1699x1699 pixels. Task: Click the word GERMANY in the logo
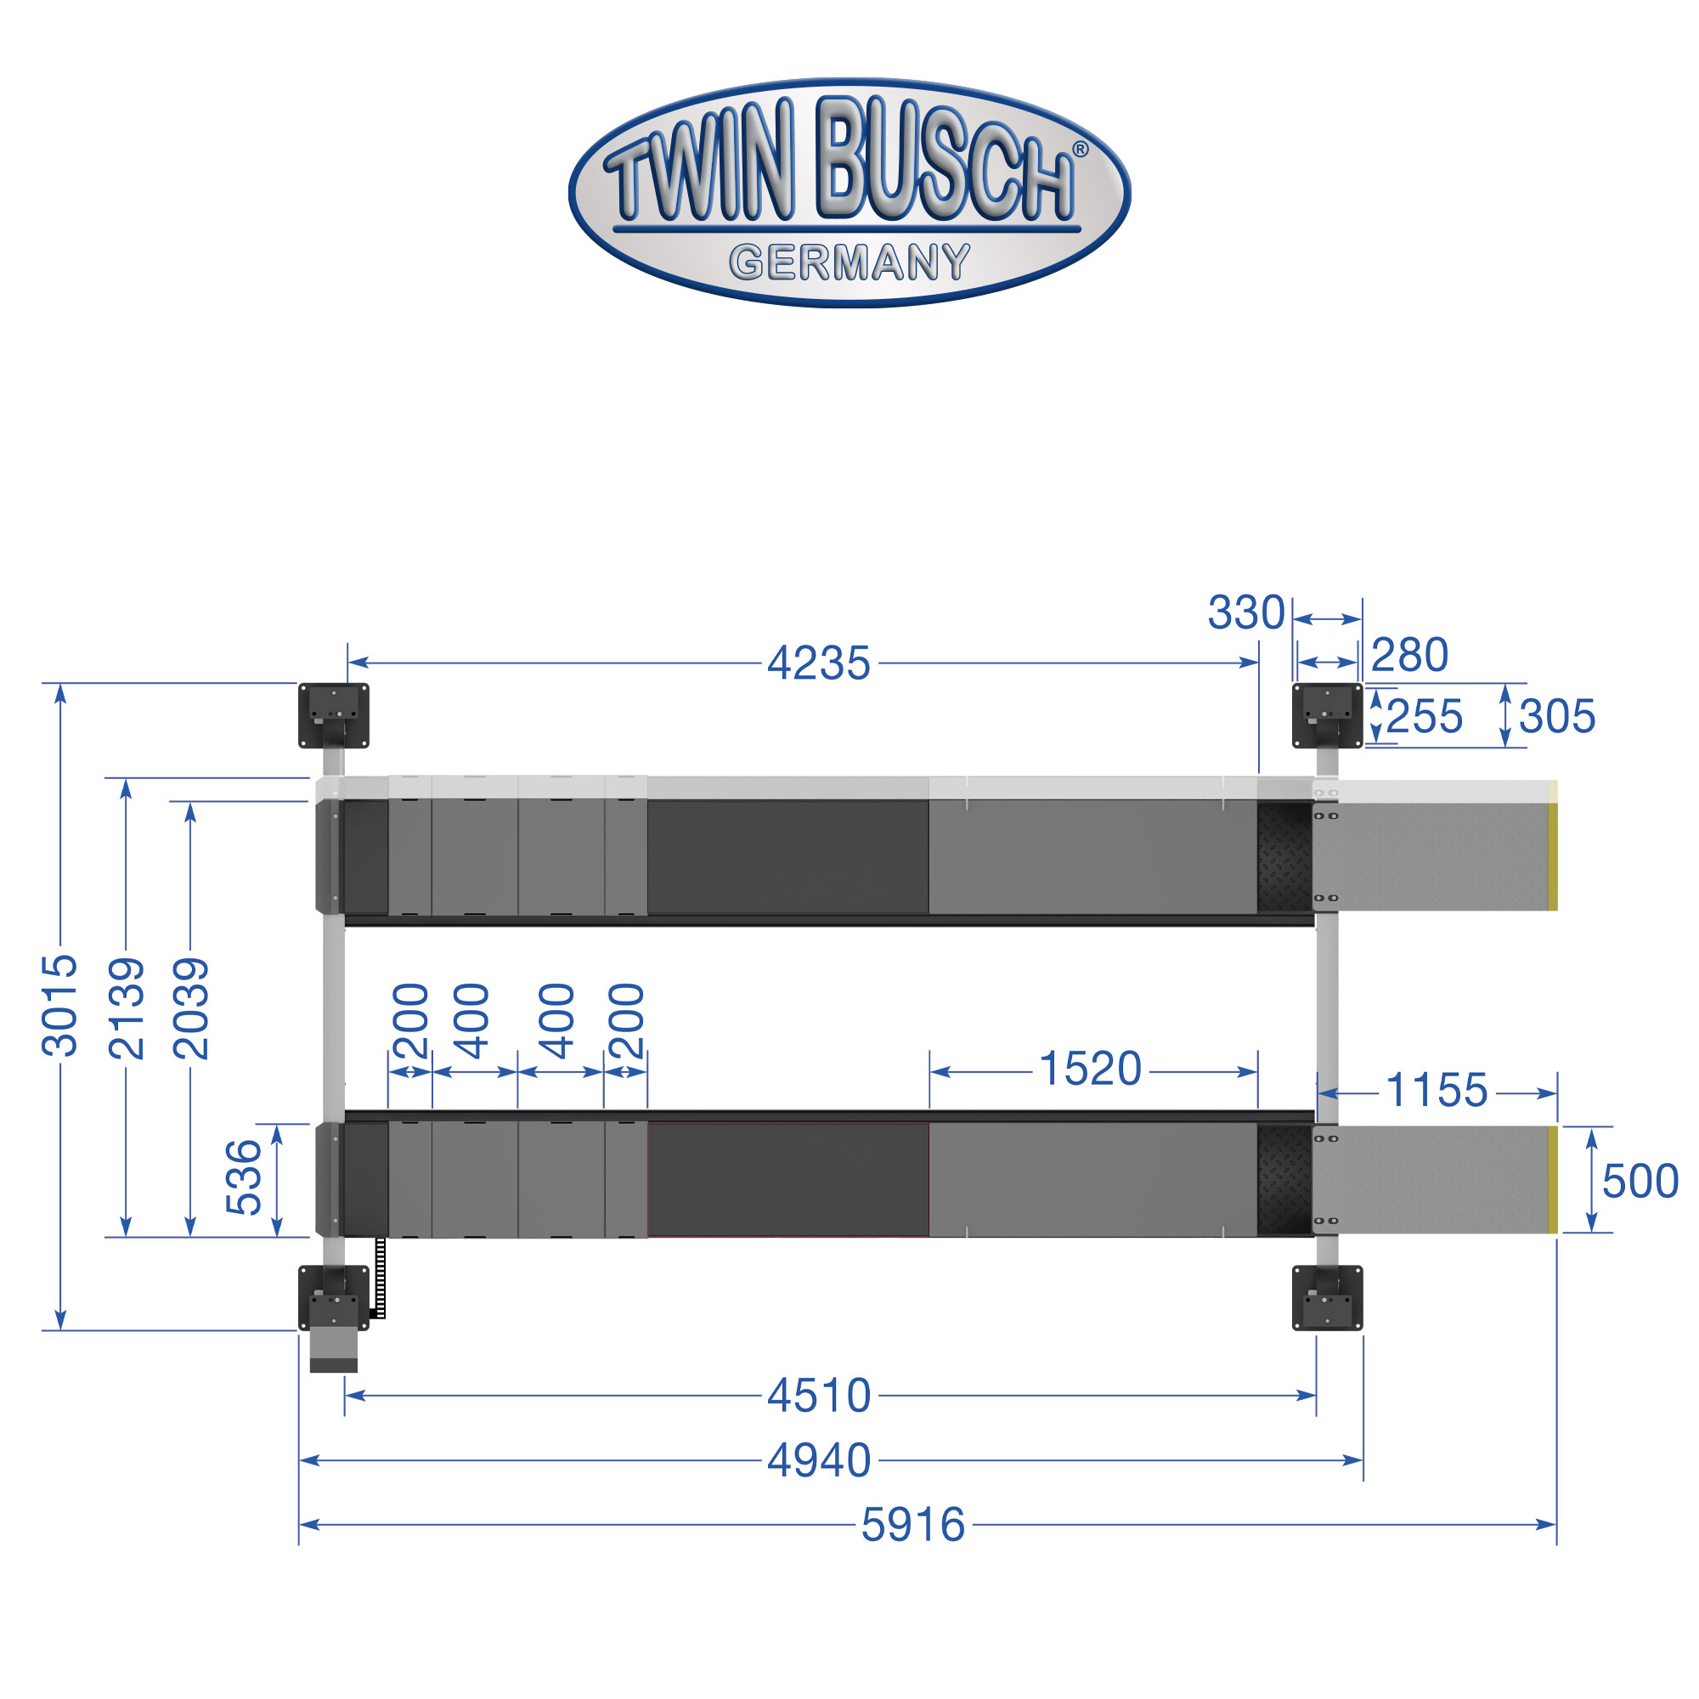849,262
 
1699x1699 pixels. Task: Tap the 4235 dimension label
819,663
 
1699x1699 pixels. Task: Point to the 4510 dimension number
819,1396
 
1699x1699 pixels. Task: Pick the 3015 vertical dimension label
59,1005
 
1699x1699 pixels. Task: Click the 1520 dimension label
1091,1070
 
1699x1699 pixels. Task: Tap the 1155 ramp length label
1437,1091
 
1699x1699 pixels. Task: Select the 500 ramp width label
1640,1181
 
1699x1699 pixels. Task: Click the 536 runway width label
244,1177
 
